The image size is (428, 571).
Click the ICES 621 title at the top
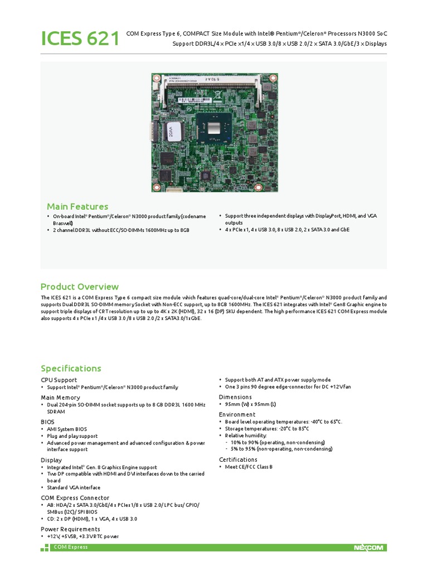[80, 39]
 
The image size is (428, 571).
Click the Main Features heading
[77, 207]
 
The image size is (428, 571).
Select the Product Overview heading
[80, 287]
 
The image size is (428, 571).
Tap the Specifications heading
[71, 368]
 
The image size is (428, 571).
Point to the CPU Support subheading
[59, 380]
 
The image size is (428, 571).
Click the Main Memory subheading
[60, 398]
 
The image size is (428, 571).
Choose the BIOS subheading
[48, 422]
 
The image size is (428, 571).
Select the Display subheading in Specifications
[51, 460]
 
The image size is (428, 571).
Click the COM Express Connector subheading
[75, 497]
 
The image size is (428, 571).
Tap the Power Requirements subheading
[71, 529]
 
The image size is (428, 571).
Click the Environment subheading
[237, 414]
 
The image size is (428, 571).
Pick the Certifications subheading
[239, 459]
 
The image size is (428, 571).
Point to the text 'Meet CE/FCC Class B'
[249, 467]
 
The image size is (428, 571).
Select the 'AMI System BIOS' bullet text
[68, 429]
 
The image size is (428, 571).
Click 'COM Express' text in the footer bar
[70, 548]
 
